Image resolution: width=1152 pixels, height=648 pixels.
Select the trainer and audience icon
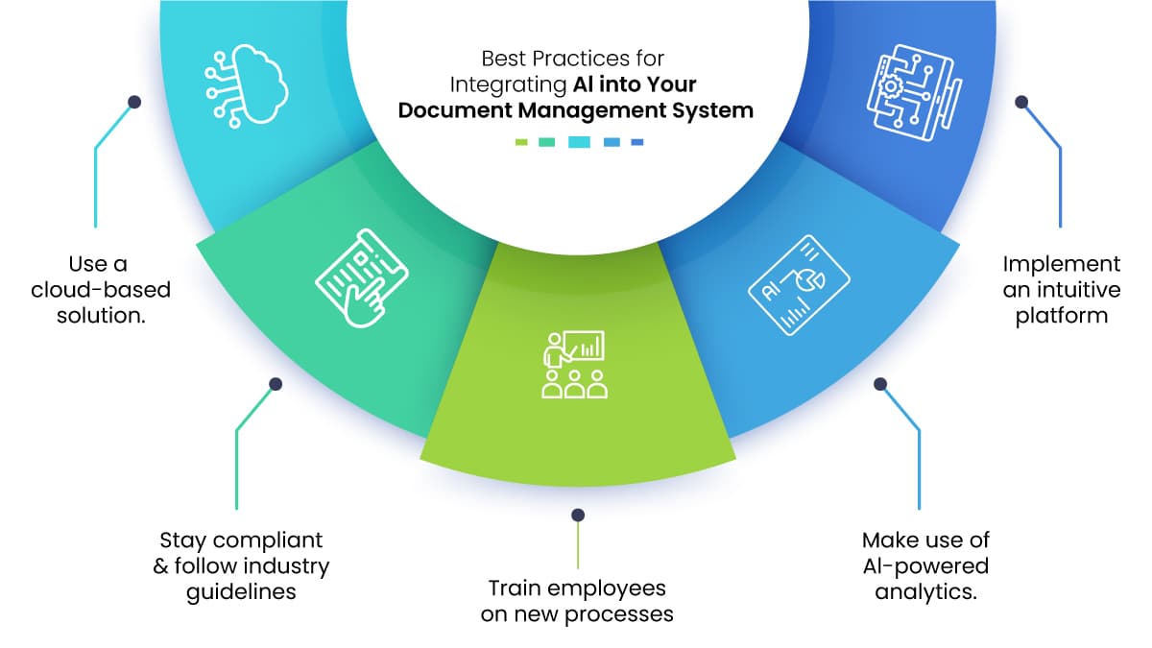pyautogui.click(x=574, y=365)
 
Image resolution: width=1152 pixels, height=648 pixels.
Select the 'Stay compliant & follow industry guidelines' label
pyautogui.click(x=241, y=565)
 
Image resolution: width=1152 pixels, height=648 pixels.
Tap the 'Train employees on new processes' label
pyautogui.click(x=577, y=600)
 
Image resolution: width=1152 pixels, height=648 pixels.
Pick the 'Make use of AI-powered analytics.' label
pyautogui.click(x=925, y=565)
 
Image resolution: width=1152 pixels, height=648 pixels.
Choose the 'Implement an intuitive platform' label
pyautogui.click(x=1061, y=288)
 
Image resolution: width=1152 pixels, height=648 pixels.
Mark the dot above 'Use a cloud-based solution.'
pyautogui.click(x=134, y=101)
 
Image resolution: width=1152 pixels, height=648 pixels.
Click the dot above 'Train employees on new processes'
pyautogui.click(x=578, y=516)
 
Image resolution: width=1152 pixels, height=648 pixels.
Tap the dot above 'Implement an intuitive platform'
pyautogui.click(x=1021, y=101)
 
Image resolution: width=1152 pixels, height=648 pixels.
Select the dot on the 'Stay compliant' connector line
pyautogui.click(x=276, y=384)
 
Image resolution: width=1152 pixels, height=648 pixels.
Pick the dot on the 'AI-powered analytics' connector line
pyautogui.click(x=879, y=384)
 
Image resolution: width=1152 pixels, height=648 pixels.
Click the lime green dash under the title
pyautogui.click(x=522, y=142)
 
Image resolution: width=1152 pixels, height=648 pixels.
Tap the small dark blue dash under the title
pyautogui.click(x=637, y=142)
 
